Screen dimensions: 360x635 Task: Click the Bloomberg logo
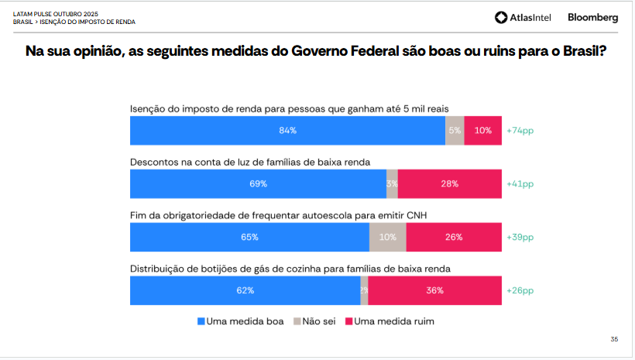[x=592, y=17]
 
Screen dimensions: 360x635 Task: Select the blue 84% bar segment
[x=287, y=131]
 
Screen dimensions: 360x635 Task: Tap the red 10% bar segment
[x=483, y=131]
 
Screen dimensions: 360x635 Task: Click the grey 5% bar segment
[x=455, y=131]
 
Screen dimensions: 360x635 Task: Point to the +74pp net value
[x=520, y=131]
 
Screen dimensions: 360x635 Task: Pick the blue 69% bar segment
[x=258, y=184]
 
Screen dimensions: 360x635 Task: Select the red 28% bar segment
[x=450, y=184]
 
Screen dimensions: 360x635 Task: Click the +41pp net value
[x=520, y=184]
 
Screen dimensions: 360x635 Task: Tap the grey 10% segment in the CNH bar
[x=388, y=238]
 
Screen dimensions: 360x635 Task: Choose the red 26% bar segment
[x=454, y=238]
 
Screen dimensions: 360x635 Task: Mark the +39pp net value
[x=520, y=238]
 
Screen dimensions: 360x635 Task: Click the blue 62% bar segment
[x=245, y=291]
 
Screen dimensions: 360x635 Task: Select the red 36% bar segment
[x=435, y=291]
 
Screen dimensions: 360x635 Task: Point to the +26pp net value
[x=520, y=291]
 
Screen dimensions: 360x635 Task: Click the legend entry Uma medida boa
[x=241, y=321]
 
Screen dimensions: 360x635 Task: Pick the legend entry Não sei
[x=314, y=321]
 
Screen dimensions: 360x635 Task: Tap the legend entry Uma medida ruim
[x=390, y=321]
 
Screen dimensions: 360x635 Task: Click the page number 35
[x=614, y=339]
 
